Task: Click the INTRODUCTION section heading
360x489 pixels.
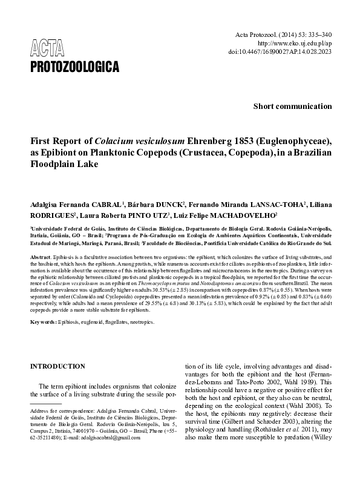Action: [57, 366]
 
